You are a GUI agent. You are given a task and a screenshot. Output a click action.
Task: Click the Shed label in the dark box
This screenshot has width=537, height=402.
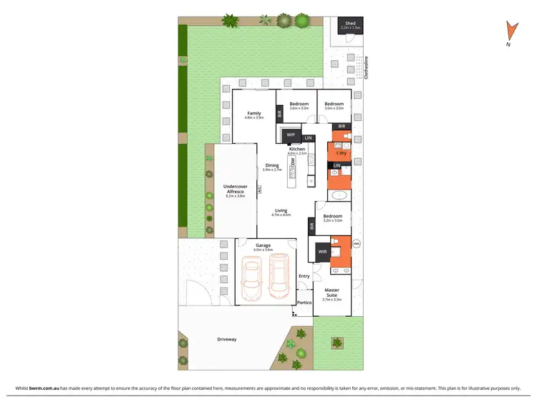pyautogui.click(x=350, y=23)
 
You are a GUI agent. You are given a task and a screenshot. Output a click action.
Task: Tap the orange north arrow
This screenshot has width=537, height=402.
pyautogui.click(x=510, y=30)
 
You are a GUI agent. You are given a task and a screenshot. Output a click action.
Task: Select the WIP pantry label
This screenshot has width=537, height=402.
pyautogui.click(x=291, y=134)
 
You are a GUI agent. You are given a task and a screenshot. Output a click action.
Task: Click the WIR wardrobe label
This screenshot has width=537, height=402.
pyautogui.click(x=322, y=251)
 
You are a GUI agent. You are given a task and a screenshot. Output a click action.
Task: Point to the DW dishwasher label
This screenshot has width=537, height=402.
pyautogui.click(x=294, y=162)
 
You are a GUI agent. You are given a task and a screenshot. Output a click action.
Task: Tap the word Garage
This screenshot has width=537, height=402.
pyautogui.click(x=264, y=245)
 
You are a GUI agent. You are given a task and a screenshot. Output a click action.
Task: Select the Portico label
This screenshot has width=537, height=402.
pyautogui.click(x=305, y=303)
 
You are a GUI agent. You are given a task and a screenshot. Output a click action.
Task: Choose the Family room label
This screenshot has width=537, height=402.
pyautogui.click(x=254, y=113)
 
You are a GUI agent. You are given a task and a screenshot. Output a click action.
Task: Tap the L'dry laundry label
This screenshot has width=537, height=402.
pyautogui.click(x=342, y=153)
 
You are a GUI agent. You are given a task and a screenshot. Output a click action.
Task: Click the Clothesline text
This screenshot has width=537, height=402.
pyautogui.click(x=366, y=67)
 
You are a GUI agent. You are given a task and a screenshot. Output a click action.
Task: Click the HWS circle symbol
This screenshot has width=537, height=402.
pyautogui.click(x=357, y=243)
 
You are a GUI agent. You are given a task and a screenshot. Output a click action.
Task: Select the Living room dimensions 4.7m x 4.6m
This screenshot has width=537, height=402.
pyautogui.click(x=281, y=215)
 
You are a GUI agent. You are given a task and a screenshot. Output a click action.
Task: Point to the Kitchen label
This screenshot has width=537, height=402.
pyautogui.click(x=296, y=149)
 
